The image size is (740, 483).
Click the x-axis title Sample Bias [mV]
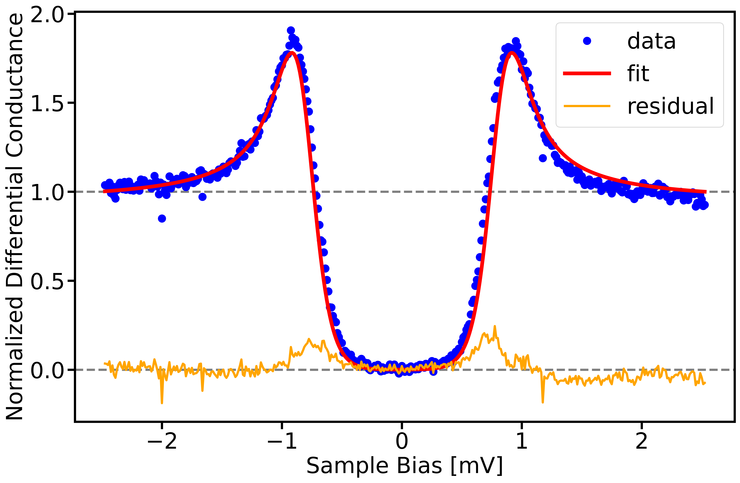(404, 466)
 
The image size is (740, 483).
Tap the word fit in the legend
(638, 74)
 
